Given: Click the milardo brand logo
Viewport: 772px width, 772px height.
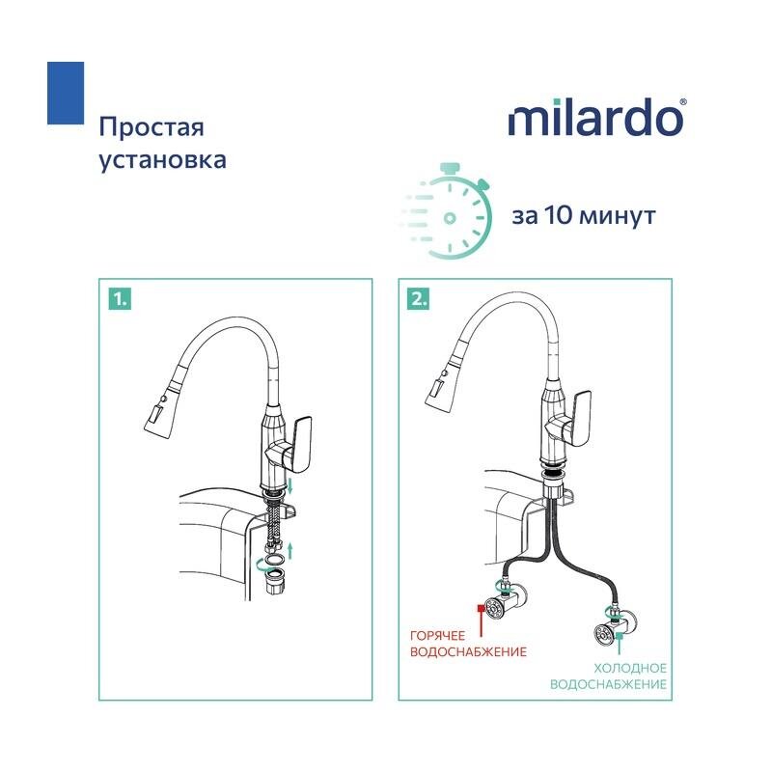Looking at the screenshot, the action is [596, 117].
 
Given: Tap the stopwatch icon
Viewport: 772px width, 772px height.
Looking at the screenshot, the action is [447, 210].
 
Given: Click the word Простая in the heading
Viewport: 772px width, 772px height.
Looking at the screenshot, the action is [152, 127].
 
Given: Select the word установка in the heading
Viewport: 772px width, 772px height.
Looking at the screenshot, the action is [163, 160].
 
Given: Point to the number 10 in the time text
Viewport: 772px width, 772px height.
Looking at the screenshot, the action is [559, 215].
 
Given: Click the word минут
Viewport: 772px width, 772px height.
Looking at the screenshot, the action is [618, 216].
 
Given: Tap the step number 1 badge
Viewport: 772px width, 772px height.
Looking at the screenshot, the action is [120, 299].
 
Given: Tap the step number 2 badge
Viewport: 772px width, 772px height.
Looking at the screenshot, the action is [418, 299].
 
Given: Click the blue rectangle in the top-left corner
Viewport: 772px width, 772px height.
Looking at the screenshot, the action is [66, 93].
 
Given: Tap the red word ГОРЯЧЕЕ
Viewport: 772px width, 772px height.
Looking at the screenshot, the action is [437, 636].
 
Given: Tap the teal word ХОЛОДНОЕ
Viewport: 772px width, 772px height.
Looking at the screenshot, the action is [630, 668].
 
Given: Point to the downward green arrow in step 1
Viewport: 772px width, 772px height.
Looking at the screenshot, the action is [290, 485].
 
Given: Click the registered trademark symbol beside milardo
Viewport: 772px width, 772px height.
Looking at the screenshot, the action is [682, 102].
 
